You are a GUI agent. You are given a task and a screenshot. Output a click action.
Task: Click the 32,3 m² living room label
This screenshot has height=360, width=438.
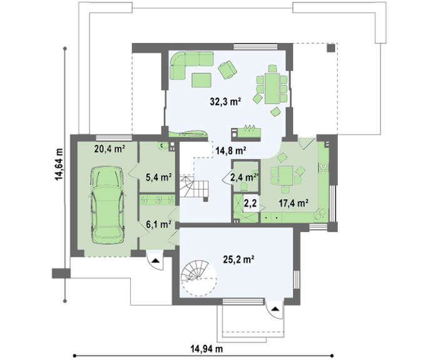(x=225, y=101)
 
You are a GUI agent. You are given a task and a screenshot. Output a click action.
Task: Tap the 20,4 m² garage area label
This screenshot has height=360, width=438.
(x=109, y=149)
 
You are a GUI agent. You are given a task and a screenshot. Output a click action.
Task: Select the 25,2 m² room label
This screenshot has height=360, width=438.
(x=238, y=260)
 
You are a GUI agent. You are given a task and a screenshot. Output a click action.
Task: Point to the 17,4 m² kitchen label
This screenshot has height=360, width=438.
(x=293, y=203)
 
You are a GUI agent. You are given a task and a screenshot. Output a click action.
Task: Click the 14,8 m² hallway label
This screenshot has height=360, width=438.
(x=231, y=151)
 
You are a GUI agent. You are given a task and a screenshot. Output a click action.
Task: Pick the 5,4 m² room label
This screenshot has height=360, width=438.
(x=159, y=177)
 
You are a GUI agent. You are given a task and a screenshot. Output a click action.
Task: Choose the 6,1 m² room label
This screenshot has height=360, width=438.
(x=159, y=224)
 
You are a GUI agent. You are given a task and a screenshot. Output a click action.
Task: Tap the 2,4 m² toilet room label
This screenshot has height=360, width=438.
(x=243, y=177)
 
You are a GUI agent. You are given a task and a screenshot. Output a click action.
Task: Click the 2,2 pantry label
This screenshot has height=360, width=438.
(x=250, y=203)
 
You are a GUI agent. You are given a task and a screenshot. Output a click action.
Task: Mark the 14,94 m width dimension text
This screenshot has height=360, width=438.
(x=206, y=349)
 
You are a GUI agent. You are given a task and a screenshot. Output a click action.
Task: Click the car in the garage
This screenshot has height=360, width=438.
(x=108, y=205)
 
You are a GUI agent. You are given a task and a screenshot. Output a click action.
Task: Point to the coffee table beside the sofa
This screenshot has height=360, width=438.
(x=201, y=80)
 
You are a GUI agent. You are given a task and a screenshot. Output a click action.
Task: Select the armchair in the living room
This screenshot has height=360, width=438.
(x=228, y=69)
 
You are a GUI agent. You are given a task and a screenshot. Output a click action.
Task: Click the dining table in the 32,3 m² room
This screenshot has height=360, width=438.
(x=272, y=88)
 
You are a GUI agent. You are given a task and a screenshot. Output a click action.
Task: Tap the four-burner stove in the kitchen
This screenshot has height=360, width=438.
(x=323, y=168)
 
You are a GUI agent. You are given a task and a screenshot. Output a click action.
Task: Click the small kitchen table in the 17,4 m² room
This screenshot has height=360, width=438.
(x=285, y=176)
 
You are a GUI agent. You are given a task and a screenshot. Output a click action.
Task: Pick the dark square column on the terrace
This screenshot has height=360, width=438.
(x=331, y=48)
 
